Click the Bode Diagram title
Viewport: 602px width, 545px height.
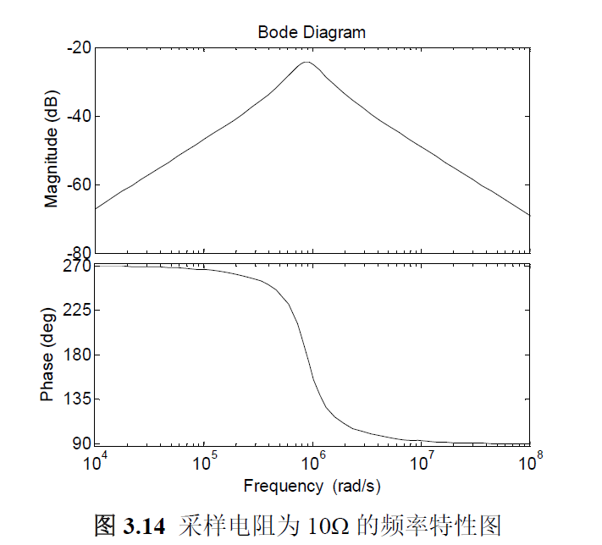click(312, 32)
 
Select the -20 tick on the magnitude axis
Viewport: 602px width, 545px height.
click(80, 48)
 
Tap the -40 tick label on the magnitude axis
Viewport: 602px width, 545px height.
click(80, 117)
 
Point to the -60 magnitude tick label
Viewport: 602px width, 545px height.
click(80, 185)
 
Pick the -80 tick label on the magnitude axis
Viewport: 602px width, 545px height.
click(80, 253)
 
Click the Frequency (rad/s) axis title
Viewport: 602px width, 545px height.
click(312, 486)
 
